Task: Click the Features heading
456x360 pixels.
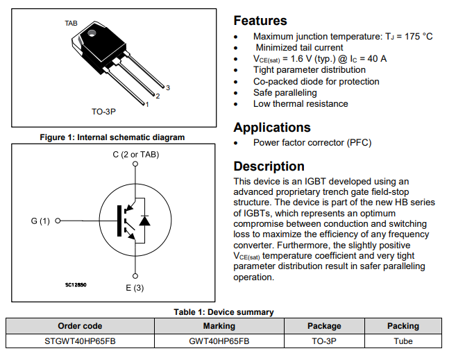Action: (260, 21)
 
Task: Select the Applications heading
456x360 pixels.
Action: (272, 128)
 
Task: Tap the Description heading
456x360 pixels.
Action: (269, 166)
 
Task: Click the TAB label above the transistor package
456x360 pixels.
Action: (71, 24)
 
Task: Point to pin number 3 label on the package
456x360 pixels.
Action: (168, 87)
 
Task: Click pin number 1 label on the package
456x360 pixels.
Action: (146, 105)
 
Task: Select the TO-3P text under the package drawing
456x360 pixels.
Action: (106, 111)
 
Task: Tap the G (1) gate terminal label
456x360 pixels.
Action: (41, 221)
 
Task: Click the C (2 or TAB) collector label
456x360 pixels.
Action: (136, 154)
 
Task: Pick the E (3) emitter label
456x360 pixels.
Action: (135, 287)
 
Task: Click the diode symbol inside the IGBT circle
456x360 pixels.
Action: (144, 221)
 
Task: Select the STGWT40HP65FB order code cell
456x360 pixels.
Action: (80, 341)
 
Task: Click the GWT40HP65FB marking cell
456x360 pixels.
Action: (219, 341)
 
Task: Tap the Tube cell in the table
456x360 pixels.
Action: (403, 341)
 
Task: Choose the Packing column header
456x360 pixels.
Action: (403, 325)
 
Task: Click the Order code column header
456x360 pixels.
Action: (80, 325)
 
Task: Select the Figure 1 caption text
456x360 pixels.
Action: (112, 137)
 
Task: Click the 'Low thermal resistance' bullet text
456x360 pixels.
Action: (301, 104)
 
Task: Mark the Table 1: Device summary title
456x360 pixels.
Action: (223, 312)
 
